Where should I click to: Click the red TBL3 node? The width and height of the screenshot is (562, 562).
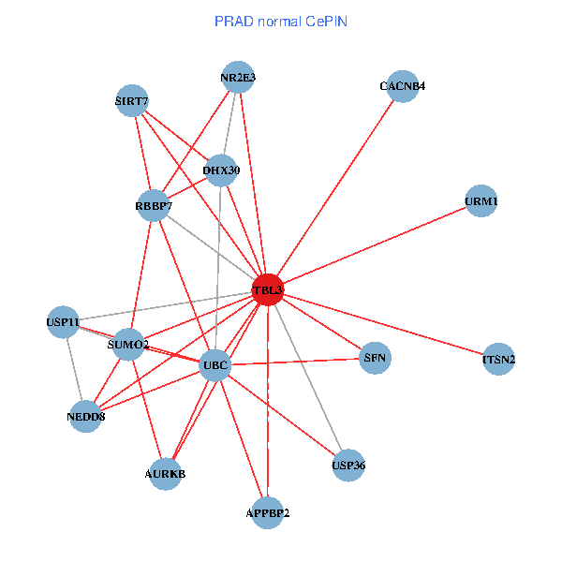[268, 290]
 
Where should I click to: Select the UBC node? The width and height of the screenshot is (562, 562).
[216, 364]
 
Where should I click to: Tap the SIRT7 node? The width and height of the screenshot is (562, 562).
[132, 101]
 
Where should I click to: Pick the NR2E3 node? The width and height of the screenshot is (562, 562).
[238, 78]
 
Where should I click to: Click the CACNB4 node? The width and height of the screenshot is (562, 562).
[403, 87]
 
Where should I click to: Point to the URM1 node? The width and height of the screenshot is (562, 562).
[481, 201]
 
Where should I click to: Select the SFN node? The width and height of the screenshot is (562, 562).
[374, 358]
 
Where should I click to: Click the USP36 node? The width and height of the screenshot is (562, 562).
[348, 466]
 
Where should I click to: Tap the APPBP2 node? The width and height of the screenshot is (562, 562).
[268, 512]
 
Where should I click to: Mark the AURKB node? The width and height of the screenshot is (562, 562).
[165, 474]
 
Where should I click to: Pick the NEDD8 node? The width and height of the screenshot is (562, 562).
[85, 416]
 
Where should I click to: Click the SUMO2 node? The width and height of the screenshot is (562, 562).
[128, 345]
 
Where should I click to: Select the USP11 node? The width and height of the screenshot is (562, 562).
[63, 322]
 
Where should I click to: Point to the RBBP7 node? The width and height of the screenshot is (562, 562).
[154, 205]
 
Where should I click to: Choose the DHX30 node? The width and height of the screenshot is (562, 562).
[221, 170]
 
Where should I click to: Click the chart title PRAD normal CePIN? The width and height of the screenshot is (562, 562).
[281, 21]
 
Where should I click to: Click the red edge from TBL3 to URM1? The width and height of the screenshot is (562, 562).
[375, 245]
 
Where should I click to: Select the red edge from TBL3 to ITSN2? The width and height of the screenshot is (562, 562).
[384, 325]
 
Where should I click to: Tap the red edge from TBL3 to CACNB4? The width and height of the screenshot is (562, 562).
[335, 188]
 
